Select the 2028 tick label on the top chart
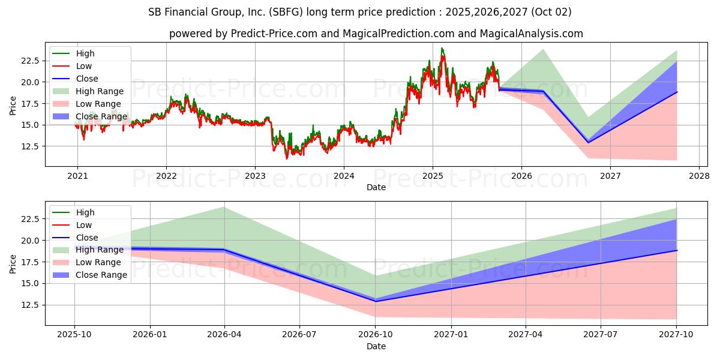click(x=699, y=176)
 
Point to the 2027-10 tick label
click(x=676, y=335)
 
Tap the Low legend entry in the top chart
click(x=84, y=66)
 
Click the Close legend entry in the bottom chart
click(x=87, y=238)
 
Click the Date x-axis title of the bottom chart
click(x=376, y=346)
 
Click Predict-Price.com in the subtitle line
click(x=273, y=34)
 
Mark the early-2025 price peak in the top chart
click(x=442, y=49)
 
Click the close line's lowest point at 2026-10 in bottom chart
click(x=376, y=301)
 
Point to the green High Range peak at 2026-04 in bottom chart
click(x=224, y=207)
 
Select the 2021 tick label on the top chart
click(x=77, y=176)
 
